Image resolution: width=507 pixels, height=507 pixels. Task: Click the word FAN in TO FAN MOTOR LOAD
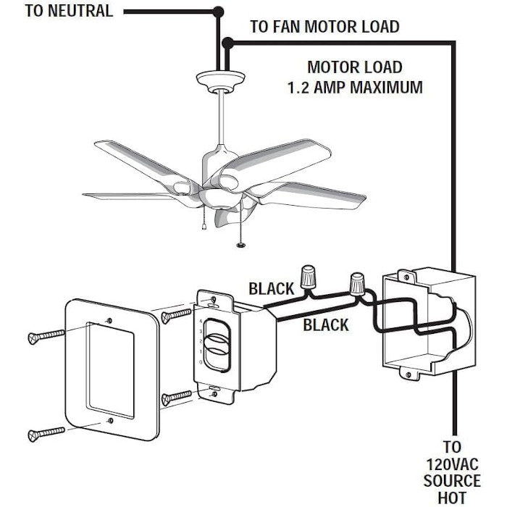(x=286, y=28)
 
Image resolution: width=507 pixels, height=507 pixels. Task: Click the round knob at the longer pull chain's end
(x=240, y=246)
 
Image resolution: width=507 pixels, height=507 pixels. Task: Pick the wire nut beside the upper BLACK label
(x=310, y=276)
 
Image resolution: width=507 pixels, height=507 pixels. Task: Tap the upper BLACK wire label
(x=271, y=289)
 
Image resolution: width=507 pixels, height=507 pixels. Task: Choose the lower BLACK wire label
(x=325, y=324)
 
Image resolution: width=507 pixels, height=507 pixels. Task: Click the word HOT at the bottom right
(x=453, y=498)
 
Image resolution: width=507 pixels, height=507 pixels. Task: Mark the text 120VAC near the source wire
(x=453, y=464)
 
